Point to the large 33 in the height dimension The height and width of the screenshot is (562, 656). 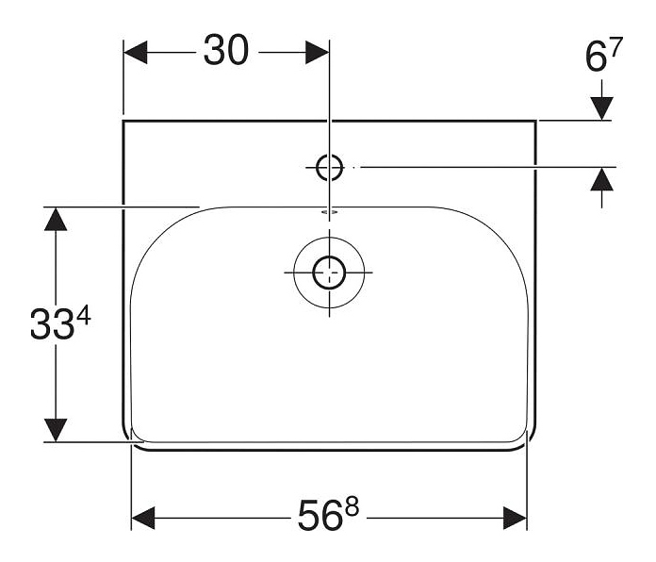51,327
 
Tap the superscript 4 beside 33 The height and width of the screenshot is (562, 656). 82,318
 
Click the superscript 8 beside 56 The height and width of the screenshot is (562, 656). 353,508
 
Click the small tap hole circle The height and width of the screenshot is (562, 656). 329,167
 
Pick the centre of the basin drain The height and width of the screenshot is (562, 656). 329,273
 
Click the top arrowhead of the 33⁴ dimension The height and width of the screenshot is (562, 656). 57,220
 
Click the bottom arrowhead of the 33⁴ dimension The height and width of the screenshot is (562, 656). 57,429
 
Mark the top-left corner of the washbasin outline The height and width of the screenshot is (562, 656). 124,121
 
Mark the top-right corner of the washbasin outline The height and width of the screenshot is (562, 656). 537,121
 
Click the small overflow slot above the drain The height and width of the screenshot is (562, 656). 329,214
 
